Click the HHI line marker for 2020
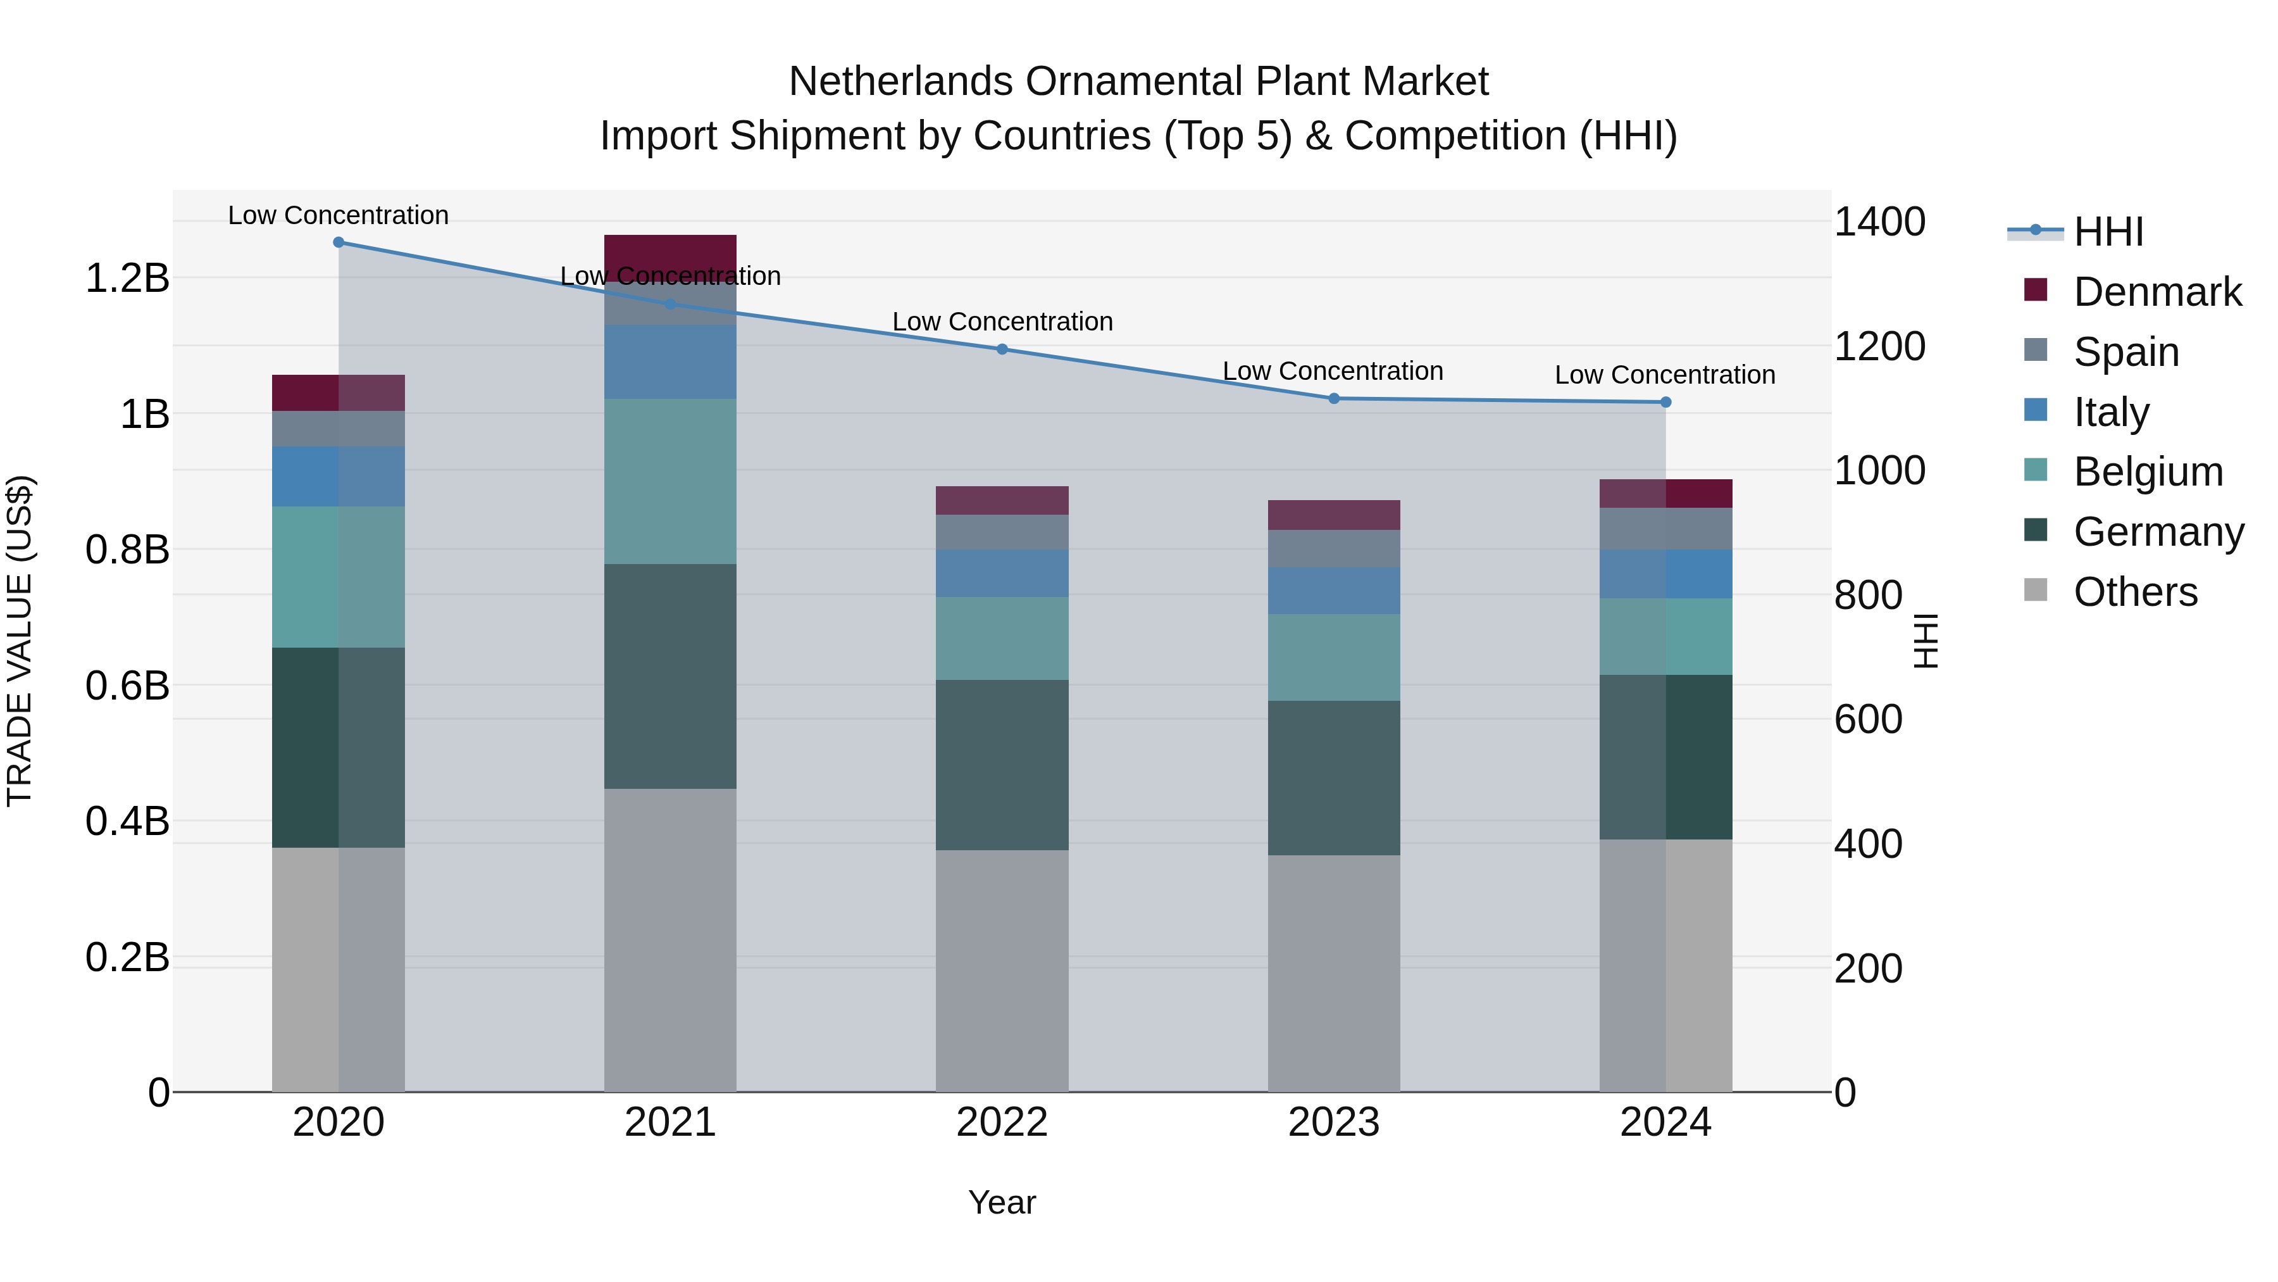pyautogui.click(x=338, y=242)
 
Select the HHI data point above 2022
pyautogui.click(x=1002, y=349)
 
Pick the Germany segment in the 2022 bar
pyautogui.click(x=1002, y=765)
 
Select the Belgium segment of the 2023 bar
pyautogui.click(x=1333, y=657)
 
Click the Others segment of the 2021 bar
pyautogui.click(x=669, y=940)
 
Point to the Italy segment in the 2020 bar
pyautogui.click(x=338, y=477)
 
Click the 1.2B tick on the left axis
pyautogui.click(x=127, y=279)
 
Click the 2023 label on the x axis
pyautogui.click(x=1333, y=1122)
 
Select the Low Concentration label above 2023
pyautogui.click(x=1333, y=372)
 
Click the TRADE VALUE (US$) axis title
pyautogui.click(x=20, y=641)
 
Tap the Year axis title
pyautogui.click(x=1001, y=1202)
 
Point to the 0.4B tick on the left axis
pyautogui.click(x=127, y=821)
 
